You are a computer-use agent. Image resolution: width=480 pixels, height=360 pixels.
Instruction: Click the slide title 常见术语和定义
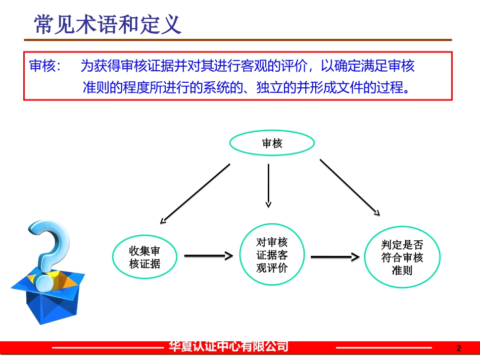(x=107, y=24)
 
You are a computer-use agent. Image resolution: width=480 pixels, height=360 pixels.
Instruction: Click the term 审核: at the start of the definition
(x=45, y=66)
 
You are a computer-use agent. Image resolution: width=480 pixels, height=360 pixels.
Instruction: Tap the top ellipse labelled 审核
(x=272, y=143)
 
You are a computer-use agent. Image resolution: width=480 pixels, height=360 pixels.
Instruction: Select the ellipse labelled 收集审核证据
(x=145, y=257)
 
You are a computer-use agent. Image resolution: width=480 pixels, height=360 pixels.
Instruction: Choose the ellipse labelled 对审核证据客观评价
(x=272, y=255)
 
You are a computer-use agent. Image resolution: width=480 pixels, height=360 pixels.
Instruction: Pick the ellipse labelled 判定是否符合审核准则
(x=402, y=258)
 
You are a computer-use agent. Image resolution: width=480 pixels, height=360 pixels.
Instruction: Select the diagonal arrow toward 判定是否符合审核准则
(x=349, y=187)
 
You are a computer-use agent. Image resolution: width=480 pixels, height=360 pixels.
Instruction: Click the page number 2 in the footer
(x=459, y=348)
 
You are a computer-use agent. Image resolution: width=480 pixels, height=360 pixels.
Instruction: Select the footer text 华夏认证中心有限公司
(x=228, y=346)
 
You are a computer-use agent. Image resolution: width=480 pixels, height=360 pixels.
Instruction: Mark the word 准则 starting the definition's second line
(x=93, y=88)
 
